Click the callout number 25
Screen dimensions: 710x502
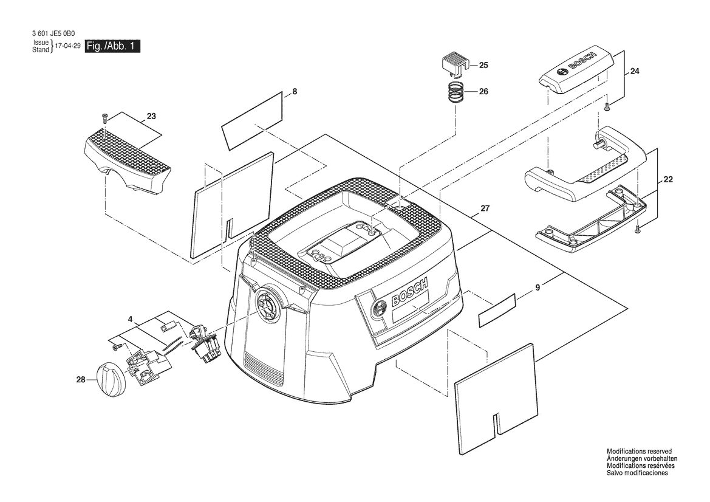483,65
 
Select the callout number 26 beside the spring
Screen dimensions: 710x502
483,92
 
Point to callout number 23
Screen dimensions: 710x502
151,117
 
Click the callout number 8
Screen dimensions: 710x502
295,92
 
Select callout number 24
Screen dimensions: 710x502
635,71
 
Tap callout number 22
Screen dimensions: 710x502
668,179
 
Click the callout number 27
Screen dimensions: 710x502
485,209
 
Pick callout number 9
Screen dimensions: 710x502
538,287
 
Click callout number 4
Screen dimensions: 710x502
131,319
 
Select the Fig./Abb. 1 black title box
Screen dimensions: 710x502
112,46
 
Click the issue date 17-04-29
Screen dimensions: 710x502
67,46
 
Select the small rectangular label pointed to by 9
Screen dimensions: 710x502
497,309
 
